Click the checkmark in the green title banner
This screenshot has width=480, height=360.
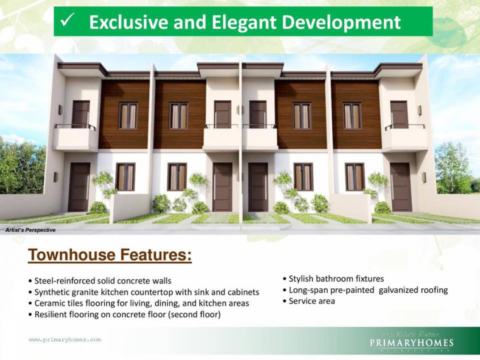(x=67, y=22)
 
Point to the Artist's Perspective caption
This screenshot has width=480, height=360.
(x=30, y=230)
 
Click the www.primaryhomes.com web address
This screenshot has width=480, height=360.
(x=65, y=340)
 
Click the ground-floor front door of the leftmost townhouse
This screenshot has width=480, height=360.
(x=79, y=187)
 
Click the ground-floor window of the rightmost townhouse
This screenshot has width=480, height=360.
(x=354, y=177)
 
